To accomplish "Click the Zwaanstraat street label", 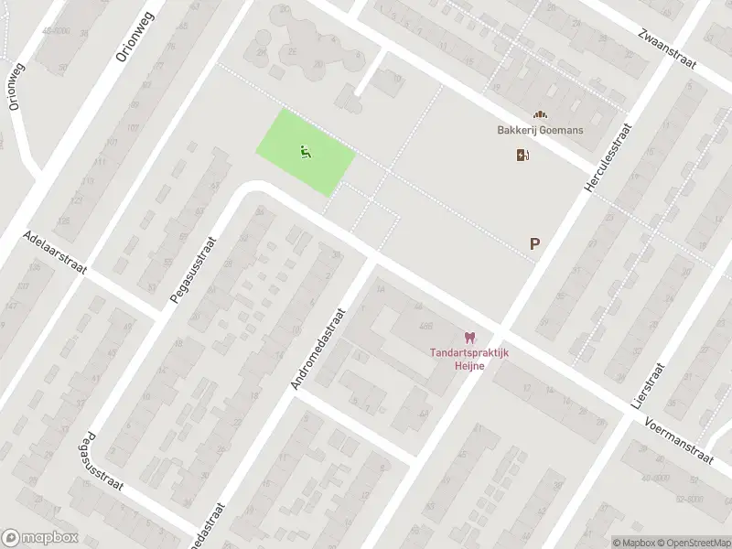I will (x=667, y=48).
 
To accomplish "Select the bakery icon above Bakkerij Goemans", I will (x=541, y=115).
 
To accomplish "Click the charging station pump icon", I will (x=522, y=155).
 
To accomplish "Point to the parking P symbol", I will (x=534, y=244).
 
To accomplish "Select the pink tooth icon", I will (x=470, y=338).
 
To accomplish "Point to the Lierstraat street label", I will (x=646, y=384).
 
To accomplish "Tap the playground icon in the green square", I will (x=306, y=152).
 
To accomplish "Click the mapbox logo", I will (x=39, y=538).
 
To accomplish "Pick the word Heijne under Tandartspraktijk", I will (x=470, y=366).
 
